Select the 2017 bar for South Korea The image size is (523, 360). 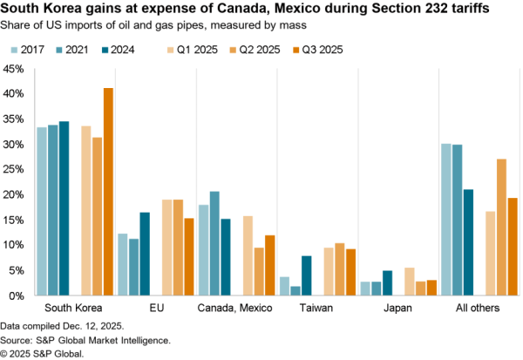tap(42, 211)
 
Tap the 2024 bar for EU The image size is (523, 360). tap(145, 254)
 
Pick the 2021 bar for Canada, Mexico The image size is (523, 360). tap(214, 243)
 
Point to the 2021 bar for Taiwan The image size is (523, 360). tap(295, 290)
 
